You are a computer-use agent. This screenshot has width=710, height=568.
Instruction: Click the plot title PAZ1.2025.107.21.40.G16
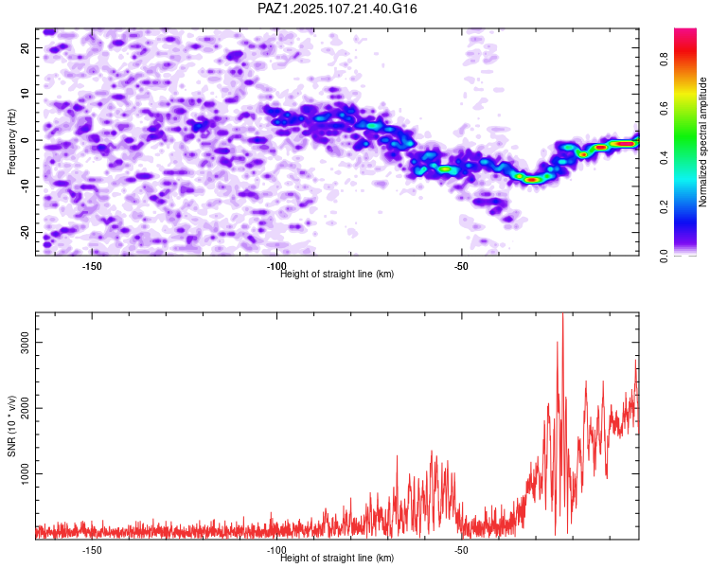(x=337, y=9)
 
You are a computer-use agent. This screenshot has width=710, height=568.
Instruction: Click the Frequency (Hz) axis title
(x=11, y=142)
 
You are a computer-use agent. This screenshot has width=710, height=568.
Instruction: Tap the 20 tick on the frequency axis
(x=25, y=47)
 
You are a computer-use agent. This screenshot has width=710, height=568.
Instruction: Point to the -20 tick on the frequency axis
(x=25, y=233)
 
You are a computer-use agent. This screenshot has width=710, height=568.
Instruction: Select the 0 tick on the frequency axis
(x=25, y=140)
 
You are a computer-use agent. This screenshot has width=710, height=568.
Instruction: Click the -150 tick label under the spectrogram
(x=92, y=266)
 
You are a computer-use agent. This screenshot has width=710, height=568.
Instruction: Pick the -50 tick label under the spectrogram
(x=460, y=266)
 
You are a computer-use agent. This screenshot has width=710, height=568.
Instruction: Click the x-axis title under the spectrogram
(x=337, y=274)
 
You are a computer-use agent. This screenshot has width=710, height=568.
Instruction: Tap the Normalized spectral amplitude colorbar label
(x=702, y=142)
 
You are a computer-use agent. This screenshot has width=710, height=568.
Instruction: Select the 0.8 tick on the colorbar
(x=664, y=59)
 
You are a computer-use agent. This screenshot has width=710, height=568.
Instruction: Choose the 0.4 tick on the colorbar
(x=664, y=158)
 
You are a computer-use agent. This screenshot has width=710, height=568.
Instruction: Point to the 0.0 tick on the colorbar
(x=664, y=257)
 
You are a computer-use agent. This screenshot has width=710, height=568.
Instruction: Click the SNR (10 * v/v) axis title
(x=11, y=426)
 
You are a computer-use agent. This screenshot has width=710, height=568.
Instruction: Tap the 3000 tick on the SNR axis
(x=25, y=343)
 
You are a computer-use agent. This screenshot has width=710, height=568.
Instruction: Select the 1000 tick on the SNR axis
(x=25, y=473)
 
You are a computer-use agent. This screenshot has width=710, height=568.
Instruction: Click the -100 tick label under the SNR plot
(x=276, y=550)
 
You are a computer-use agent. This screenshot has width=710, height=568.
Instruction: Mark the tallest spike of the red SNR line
(x=562, y=314)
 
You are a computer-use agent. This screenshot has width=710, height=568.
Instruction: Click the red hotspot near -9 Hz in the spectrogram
(x=532, y=180)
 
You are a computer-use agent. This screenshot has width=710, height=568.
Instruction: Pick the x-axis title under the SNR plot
(x=337, y=558)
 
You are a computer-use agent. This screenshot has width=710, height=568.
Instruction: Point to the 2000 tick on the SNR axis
(x=25, y=408)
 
